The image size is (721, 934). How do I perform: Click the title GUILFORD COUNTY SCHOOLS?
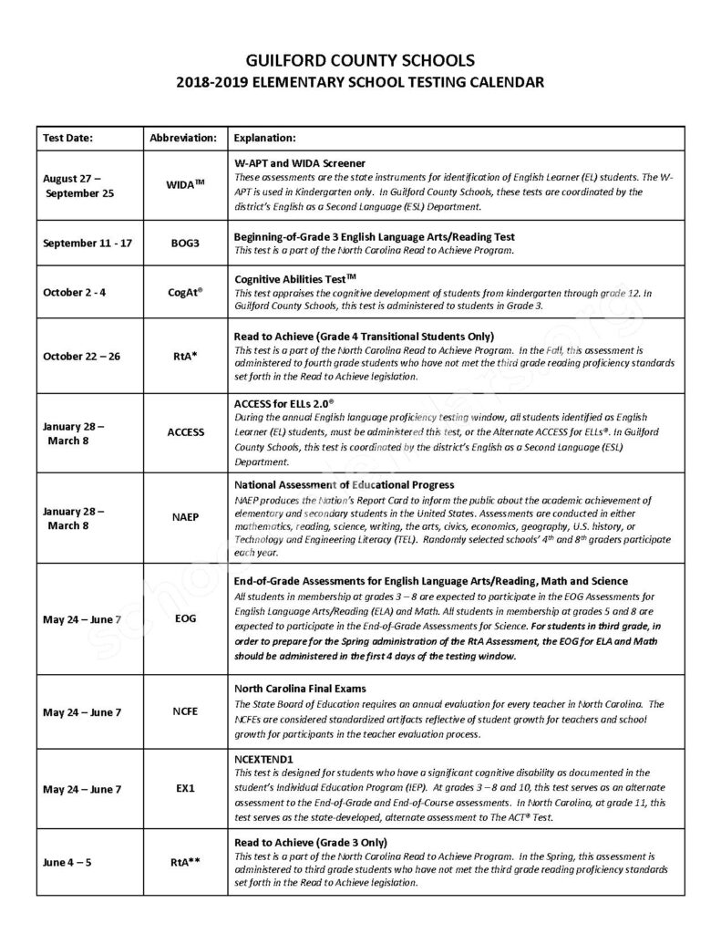360,60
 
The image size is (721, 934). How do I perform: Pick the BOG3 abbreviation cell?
185,243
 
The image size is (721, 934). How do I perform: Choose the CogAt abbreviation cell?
185,293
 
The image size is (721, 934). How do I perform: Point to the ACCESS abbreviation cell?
185,432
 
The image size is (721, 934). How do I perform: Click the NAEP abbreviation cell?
185,516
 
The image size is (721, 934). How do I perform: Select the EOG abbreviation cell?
185,619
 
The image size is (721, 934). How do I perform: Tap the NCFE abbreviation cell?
185,712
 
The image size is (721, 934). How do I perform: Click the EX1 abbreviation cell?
185,789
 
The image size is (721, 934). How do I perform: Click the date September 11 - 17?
88,243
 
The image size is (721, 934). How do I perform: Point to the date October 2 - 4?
75,293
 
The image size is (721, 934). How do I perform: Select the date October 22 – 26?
81,356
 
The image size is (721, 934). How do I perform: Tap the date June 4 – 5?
67,862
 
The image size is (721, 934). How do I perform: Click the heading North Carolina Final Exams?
301,689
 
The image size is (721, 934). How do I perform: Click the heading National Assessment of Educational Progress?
344,484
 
